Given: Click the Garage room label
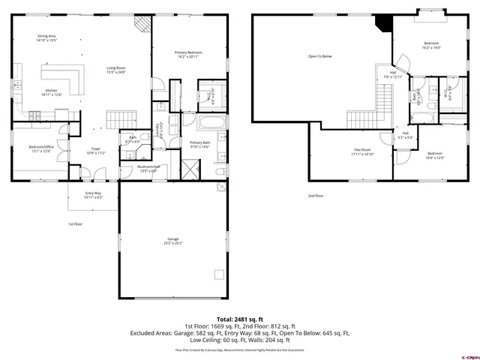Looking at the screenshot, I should click(173, 240).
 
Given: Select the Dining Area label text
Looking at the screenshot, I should click(47, 37).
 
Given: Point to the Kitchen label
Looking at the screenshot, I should click(51, 92).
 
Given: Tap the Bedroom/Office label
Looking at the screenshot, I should click(40, 148).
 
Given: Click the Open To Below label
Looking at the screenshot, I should click(319, 56).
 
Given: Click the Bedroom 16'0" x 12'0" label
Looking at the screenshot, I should click(435, 156).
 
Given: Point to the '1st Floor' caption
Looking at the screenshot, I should click(75, 224).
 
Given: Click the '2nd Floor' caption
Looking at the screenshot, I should click(315, 196).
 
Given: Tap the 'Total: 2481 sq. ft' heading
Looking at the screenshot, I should click(239, 319).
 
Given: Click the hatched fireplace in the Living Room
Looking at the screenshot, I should click(142, 24).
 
